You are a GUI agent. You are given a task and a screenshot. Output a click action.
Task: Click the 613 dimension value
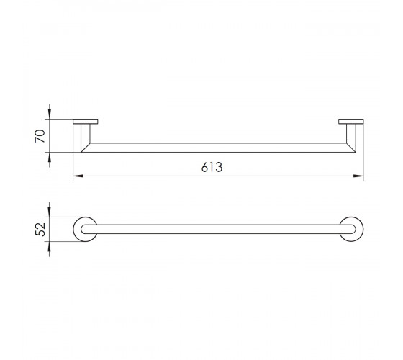click(212, 167)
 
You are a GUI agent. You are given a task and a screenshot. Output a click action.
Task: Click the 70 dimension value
click(40, 136)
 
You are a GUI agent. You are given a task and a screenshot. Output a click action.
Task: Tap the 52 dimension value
click(40, 229)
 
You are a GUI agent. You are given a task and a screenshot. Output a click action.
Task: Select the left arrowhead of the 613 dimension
click(78, 176)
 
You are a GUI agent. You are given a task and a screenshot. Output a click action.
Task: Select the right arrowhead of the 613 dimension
click(358, 176)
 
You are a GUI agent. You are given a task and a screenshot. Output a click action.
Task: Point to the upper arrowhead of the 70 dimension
click(50, 114)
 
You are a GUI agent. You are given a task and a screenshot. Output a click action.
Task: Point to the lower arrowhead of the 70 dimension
click(50, 158)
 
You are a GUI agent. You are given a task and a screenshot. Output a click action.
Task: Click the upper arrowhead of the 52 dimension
click(50, 212)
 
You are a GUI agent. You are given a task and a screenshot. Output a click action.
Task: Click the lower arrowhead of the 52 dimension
click(50, 246)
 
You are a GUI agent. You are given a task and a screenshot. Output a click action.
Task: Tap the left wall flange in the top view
click(86, 122)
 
